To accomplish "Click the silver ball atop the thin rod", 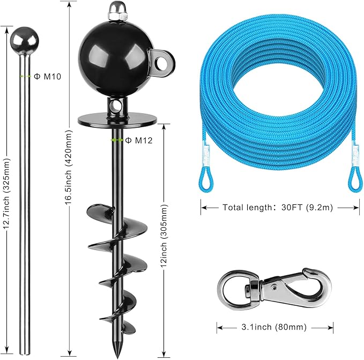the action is [x=24, y=40].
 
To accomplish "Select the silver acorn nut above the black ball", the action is [x=118, y=11].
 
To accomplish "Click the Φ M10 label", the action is [x=47, y=76].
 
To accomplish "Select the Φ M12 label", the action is [x=139, y=140].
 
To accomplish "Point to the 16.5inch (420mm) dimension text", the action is [x=69, y=167].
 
